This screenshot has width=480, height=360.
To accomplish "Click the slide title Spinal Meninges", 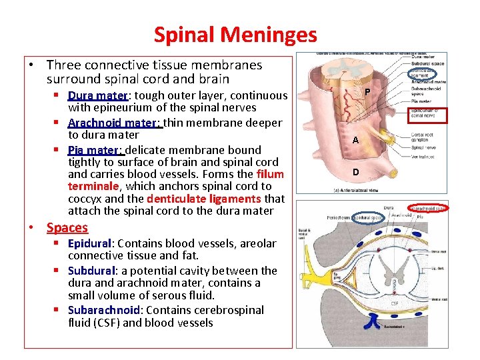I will tap(235, 34).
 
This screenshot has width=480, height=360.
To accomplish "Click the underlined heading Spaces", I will tap(67, 228).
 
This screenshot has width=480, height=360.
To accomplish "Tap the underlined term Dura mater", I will tap(97, 95).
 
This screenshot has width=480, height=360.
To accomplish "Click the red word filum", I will tap(270, 175).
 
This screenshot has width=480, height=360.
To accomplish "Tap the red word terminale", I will tap(93, 187).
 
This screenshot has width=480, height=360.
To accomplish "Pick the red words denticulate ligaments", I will tap(204, 199).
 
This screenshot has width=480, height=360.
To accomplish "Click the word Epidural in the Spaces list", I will tap(89, 244).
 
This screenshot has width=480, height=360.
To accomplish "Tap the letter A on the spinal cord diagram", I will tap(356, 141).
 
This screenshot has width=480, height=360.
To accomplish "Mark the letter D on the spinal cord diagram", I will tap(356, 172).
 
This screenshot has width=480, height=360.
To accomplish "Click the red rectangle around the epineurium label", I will tap(428, 113).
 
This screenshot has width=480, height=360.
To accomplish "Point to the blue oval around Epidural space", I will tap(368, 217).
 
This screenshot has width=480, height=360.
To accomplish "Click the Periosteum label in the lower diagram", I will tap(338, 217).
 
